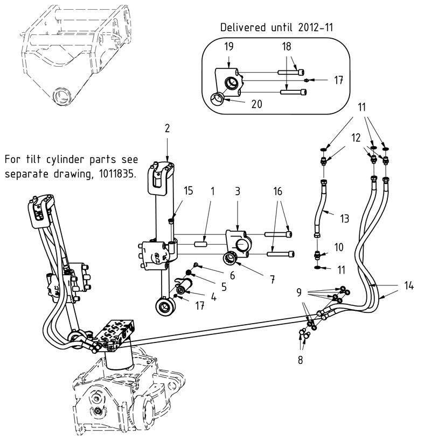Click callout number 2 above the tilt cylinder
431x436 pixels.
167,128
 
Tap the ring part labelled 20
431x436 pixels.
217,99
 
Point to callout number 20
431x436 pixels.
256,104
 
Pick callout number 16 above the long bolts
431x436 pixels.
278,191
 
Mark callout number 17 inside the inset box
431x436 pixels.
338,81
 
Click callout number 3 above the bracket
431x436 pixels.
238,191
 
